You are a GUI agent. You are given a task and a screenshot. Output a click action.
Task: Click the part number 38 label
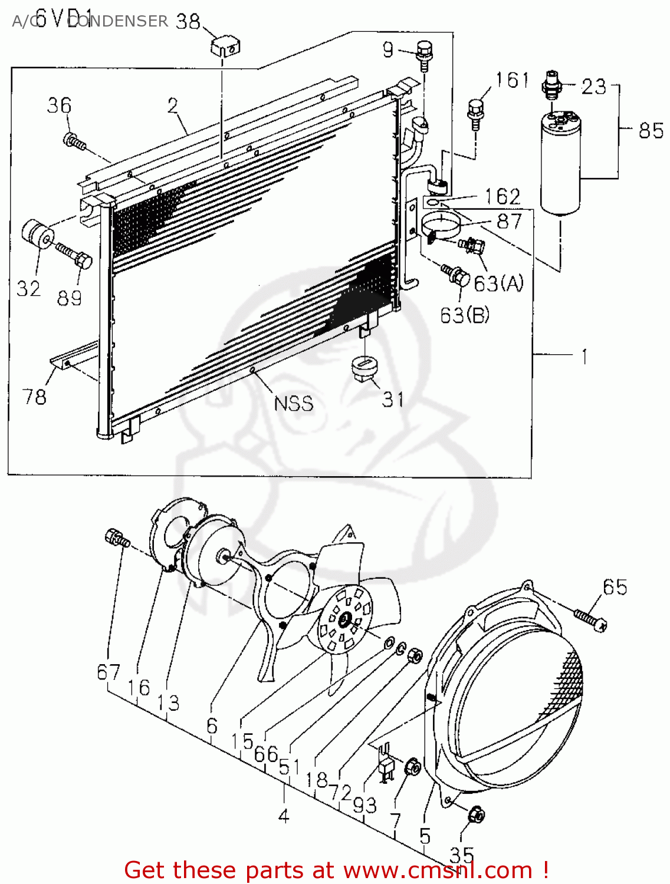click(188, 22)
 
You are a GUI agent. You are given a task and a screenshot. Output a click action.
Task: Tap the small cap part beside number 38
click(225, 45)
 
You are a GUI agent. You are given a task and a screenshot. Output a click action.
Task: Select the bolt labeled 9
click(423, 52)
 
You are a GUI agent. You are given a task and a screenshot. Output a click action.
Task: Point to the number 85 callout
click(651, 130)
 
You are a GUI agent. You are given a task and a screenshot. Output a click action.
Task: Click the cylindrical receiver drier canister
click(560, 165)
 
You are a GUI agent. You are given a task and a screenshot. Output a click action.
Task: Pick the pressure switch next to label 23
click(552, 84)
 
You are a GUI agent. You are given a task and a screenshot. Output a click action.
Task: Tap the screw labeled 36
click(74, 141)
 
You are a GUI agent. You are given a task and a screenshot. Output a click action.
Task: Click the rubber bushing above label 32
click(38, 235)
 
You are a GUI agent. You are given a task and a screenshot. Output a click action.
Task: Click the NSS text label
click(294, 404)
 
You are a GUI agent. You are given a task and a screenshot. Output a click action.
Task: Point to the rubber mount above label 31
click(364, 369)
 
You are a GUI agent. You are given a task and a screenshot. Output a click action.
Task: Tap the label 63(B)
click(465, 315)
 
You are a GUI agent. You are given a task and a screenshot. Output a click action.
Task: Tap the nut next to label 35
click(476, 816)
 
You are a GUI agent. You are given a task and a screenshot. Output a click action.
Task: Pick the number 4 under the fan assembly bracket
click(284, 816)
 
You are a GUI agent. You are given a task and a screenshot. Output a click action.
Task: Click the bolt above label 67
click(116, 537)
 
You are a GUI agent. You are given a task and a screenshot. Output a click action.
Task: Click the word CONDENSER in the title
click(118, 21)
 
